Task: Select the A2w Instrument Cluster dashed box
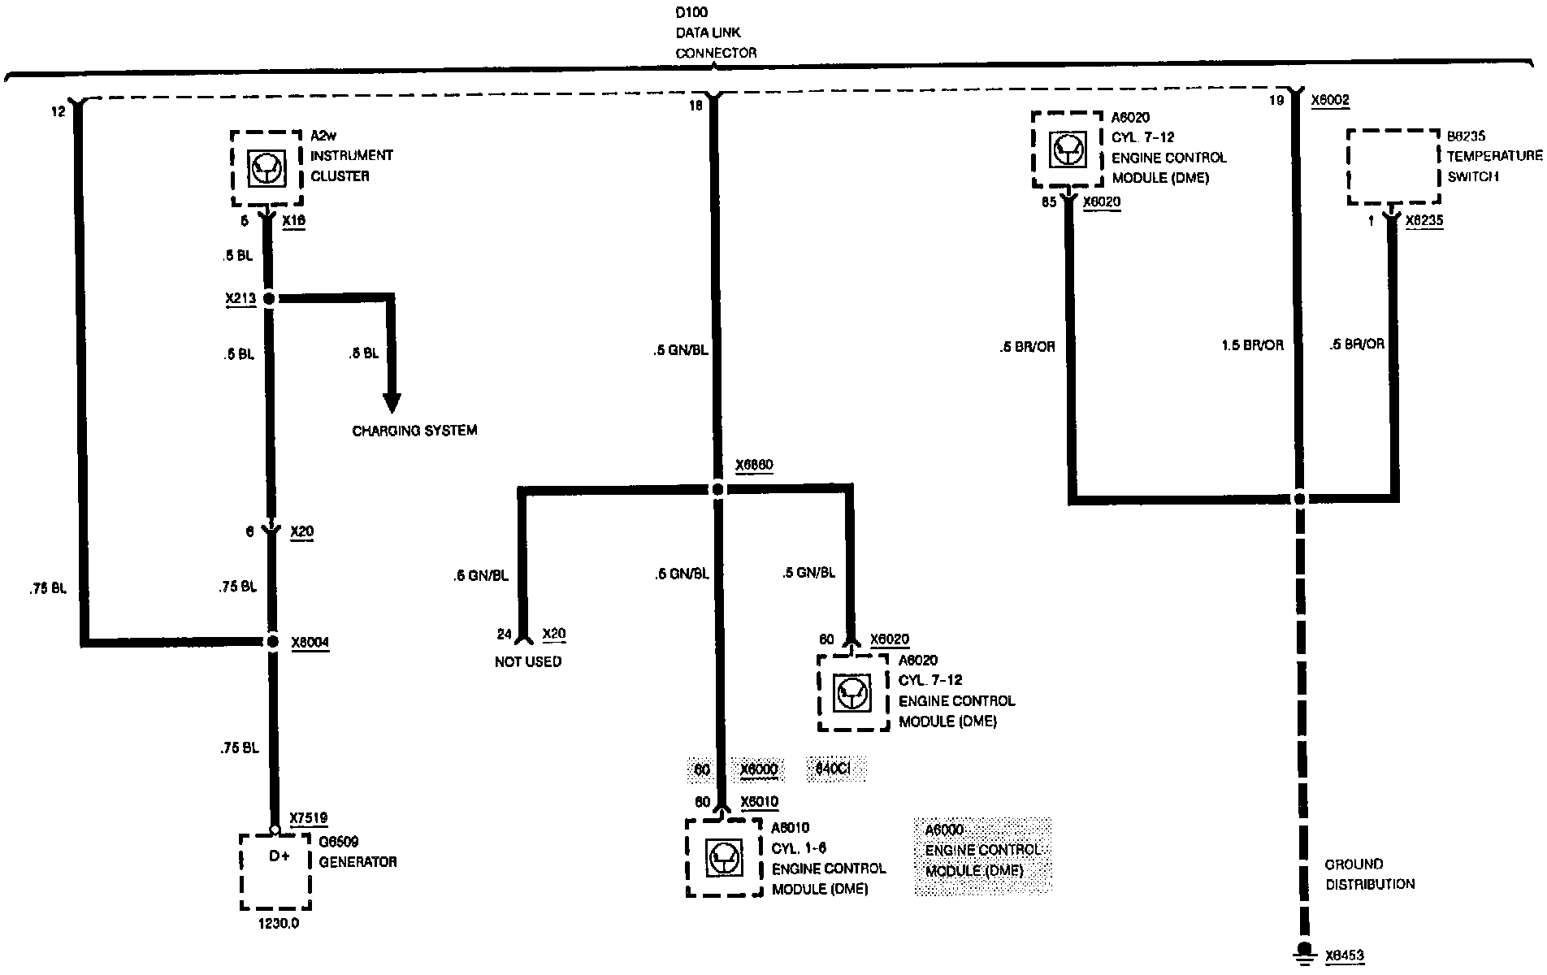click(x=266, y=168)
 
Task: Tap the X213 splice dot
click(x=269, y=299)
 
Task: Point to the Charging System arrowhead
click(x=392, y=403)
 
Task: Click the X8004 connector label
click(x=310, y=643)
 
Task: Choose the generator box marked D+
click(x=276, y=871)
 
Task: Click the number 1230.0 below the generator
click(x=278, y=924)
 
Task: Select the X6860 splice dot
click(x=717, y=490)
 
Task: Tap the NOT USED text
click(x=528, y=662)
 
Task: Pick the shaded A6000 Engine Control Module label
click(x=982, y=851)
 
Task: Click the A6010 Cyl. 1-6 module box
click(x=724, y=857)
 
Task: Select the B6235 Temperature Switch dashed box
click(x=1393, y=167)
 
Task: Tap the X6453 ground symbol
click(x=1304, y=952)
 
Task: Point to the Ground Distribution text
click(x=1370, y=874)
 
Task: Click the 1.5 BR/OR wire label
click(x=1252, y=345)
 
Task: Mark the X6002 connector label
click(x=1330, y=100)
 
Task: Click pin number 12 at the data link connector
click(x=58, y=111)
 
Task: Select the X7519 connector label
click(x=309, y=818)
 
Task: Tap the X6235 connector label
click(x=1424, y=220)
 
